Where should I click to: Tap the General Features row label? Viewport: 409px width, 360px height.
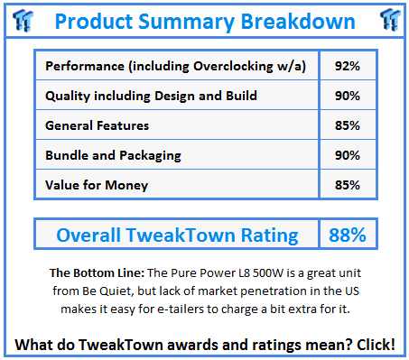tap(98, 125)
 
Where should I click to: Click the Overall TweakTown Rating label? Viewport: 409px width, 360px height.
tap(177, 235)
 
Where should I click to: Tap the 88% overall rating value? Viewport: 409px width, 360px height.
tap(347, 235)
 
